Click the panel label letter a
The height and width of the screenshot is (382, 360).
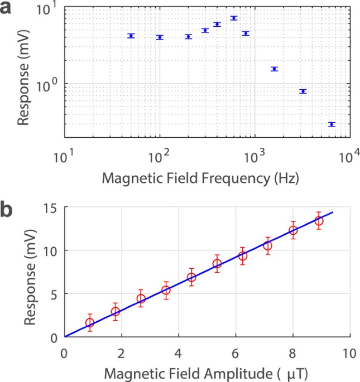[x=9, y=11]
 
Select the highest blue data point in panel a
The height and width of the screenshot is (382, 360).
[x=234, y=18]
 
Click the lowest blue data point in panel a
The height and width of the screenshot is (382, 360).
[x=332, y=124]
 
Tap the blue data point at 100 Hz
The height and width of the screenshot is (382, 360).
[x=160, y=37]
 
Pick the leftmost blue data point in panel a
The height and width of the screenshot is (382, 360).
[x=131, y=36]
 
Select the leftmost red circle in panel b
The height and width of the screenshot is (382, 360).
[x=89, y=323]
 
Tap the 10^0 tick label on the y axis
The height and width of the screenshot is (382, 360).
[x=50, y=84]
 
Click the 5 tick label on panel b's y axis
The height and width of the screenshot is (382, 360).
[x=53, y=294]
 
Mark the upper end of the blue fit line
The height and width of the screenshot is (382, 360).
[x=333, y=212]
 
